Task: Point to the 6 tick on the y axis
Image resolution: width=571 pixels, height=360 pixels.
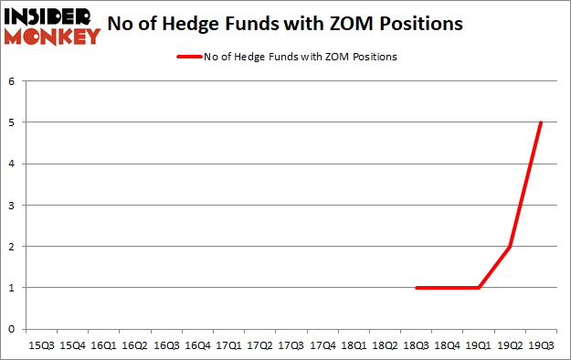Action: (x=13, y=80)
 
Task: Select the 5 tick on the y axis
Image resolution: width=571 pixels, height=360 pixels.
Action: (x=13, y=122)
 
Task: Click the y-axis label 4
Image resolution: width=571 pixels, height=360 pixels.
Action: (x=13, y=164)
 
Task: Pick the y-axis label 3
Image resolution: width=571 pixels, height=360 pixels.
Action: (x=13, y=205)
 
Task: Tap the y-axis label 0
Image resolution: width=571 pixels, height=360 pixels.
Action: (x=13, y=329)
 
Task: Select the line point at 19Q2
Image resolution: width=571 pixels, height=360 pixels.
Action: (x=509, y=247)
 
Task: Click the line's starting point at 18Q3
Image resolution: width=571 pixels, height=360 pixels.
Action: (x=416, y=288)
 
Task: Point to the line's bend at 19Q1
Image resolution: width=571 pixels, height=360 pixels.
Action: (x=478, y=288)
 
